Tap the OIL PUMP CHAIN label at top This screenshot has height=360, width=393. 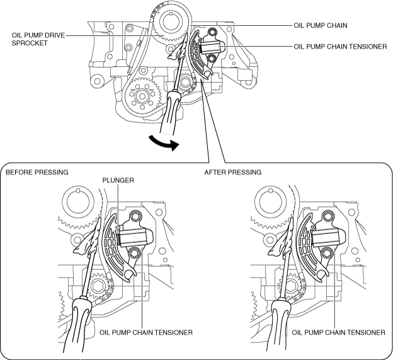(x=321, y=26)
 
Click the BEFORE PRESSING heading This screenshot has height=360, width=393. (x=37, y=171)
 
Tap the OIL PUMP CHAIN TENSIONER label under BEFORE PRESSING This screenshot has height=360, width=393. (x=146, y=332)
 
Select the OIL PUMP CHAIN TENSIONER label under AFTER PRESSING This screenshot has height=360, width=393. (x=339, y=332)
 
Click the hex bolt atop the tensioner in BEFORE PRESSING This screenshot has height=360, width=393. (x=135, y=219)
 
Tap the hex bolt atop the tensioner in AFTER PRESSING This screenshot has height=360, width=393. (x=327, y=219)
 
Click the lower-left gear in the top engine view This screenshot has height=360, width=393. (x=141, y=96)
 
